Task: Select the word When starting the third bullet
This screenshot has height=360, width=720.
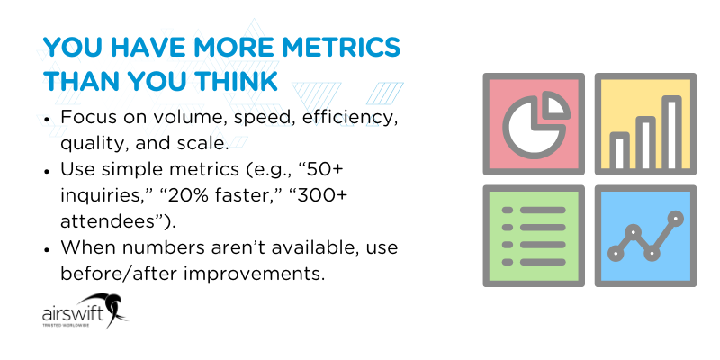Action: (85, 247)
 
